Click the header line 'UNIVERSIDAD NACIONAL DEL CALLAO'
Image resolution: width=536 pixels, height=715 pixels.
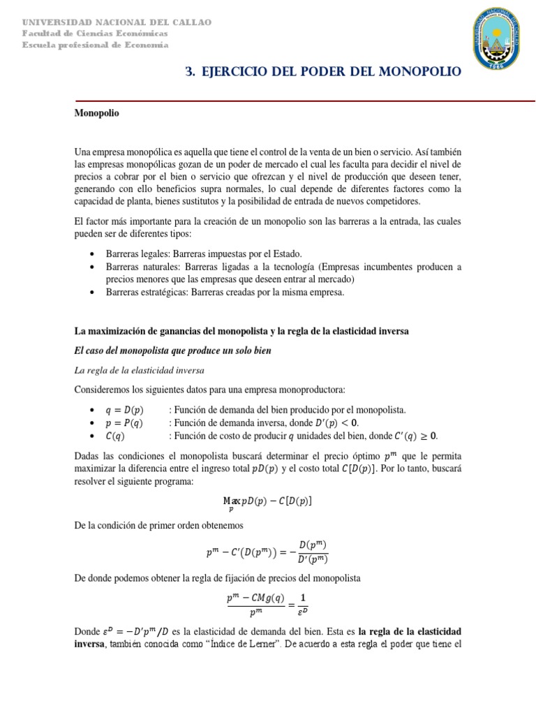click(117, 22)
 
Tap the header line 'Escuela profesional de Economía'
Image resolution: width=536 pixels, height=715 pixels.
click(95, 45)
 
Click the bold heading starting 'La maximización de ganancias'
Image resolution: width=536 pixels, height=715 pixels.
click(241, 330)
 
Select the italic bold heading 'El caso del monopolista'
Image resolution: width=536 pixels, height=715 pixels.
click(172, 351)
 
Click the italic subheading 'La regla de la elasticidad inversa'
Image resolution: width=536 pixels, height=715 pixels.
click(139, 369)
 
